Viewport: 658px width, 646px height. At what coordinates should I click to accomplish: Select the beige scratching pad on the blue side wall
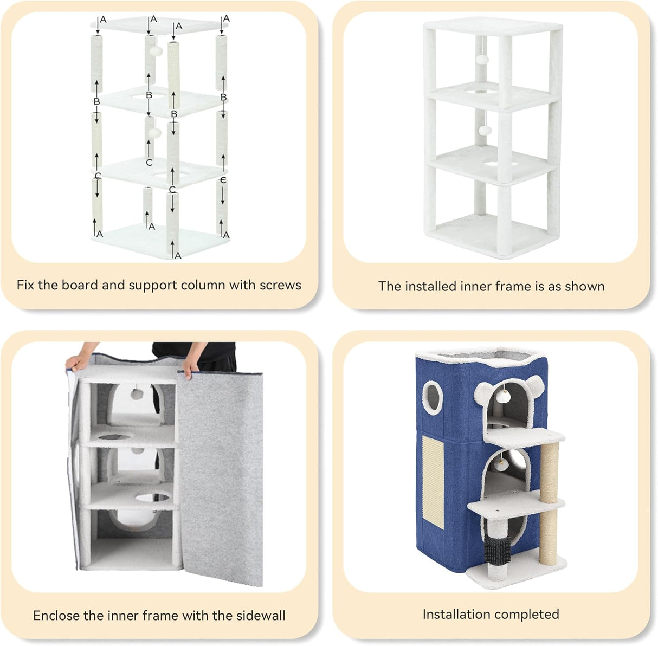coord(433,481)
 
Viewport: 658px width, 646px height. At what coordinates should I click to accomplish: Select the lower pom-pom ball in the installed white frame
coord(485,131)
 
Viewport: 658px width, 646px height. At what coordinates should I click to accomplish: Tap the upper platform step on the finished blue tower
coord(525,437)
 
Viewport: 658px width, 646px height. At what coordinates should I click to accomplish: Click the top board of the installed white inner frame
coord(493,27)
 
